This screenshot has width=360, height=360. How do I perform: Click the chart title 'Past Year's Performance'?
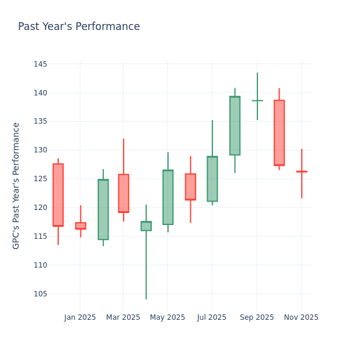point(79,27)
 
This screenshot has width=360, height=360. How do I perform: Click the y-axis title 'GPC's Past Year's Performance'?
point(16,185)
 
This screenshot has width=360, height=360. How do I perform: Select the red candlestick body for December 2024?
point(58,195)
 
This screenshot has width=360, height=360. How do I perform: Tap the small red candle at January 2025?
point(80,226)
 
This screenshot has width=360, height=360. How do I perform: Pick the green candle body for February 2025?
point(103,209)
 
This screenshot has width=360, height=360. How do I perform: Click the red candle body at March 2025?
point(124,193)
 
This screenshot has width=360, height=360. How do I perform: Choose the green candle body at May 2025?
point(168,197)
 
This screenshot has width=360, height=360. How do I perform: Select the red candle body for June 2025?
point(190,187)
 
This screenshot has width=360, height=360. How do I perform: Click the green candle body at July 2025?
point(212,179)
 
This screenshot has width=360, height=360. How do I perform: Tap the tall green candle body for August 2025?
point(235,125)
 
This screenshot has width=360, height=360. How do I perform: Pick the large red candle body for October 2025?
point(279,133)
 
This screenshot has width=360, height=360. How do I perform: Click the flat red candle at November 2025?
point(301,172)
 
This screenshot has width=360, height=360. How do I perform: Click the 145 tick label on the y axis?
point(40,64)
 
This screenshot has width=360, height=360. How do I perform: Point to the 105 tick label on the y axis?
point(40,294)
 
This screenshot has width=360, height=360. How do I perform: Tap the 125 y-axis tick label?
point(40,179)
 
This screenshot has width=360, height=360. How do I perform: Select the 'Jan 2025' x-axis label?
point(80,317)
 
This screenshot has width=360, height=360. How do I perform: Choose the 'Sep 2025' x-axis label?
point(257,317)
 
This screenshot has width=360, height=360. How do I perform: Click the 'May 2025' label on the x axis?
point(167,317)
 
